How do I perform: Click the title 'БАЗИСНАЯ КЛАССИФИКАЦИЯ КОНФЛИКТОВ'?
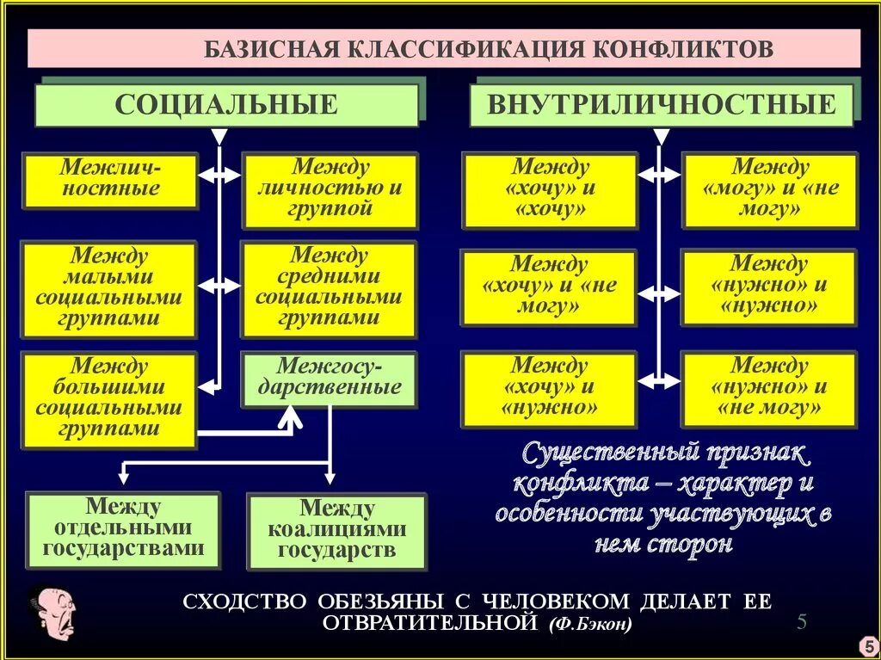pos(488,48)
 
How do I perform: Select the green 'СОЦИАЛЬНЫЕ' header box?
pos(226,105)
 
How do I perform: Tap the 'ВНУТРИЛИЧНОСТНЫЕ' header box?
pos(661,105)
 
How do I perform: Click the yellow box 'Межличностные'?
pos(110,180)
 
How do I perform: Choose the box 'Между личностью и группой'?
pos(330,190)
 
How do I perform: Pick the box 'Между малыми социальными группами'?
pos(109,288)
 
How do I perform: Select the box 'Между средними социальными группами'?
pos(329,288)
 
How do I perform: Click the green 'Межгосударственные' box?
pos(329,379)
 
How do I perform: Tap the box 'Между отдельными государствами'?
pos(123,528)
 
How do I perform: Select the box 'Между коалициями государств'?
pos(336,530)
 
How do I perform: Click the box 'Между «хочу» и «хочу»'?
pos(550,190)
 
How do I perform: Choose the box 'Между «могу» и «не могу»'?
pos(769,190)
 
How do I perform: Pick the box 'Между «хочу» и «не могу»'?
pos(549,287)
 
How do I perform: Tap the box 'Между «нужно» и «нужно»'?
pos(769,287)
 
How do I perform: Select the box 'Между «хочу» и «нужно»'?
pos(550,388)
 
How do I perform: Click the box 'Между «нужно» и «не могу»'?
pos(769,388)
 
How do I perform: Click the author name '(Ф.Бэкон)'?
pos(588,623)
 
